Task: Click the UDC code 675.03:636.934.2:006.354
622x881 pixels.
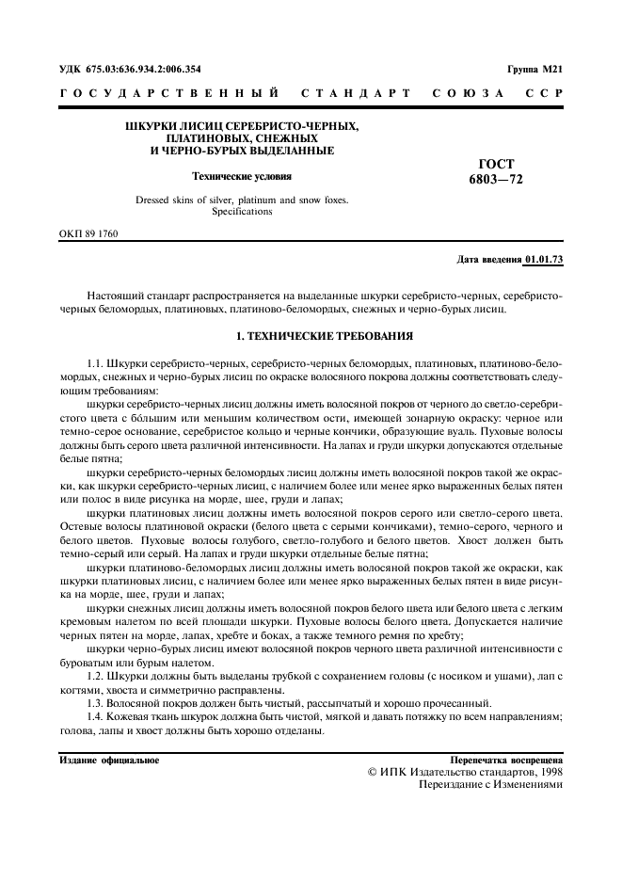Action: (x=137, y=69)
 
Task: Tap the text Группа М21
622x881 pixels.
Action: (x=534, y=69)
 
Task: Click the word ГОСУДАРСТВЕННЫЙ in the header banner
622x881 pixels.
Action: (x=168, y=94)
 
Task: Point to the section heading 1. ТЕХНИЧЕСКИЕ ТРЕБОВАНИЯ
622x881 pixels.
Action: (x=311, y=335)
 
